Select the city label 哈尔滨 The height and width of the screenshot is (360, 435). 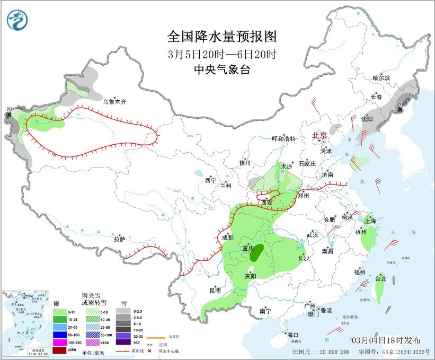pos(381,78)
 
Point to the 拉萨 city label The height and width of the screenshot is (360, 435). pos(119,239)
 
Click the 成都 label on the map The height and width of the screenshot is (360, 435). pos(227,238)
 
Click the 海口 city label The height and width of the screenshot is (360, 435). pos(293,335)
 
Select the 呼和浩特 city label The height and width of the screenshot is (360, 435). pos(283,139)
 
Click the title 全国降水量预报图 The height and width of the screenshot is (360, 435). pos(222,37)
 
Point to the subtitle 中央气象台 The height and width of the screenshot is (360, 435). pos(222,69)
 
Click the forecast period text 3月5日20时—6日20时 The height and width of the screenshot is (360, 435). pos(222,54)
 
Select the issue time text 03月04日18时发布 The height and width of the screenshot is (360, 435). pos(386,340)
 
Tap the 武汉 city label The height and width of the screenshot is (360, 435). pos(312,234)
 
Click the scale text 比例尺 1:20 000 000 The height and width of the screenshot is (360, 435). pos(321,352)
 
